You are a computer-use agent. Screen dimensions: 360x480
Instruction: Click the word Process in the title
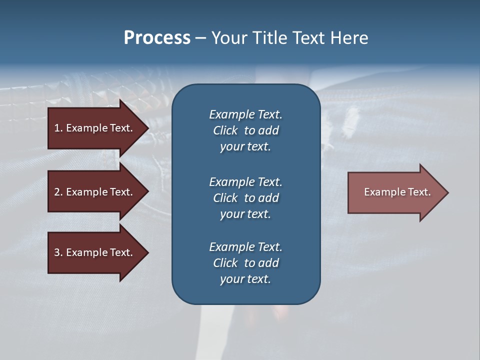click(x=157, y=38)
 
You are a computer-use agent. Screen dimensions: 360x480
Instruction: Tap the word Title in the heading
click(x=268, y=38)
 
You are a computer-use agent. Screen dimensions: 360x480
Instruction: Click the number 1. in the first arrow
click(x=58, y=128)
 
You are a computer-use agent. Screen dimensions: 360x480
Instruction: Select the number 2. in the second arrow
click(x=58, y=192)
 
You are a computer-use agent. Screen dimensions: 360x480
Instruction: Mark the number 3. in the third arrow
click(x=58, y=252)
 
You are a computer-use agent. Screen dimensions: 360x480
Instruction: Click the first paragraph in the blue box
click(x=245, y=130)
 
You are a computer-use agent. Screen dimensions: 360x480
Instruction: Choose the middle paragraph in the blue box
click(x=245, y=198)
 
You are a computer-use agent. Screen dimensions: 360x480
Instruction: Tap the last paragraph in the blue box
click(x=245, y=263)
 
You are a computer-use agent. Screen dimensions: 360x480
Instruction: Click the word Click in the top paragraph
click(x=225, y=130)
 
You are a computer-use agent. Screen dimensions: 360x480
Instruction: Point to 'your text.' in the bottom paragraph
click(x=245, y=279)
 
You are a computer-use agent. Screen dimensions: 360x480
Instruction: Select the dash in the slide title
click(x=200, y=38)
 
